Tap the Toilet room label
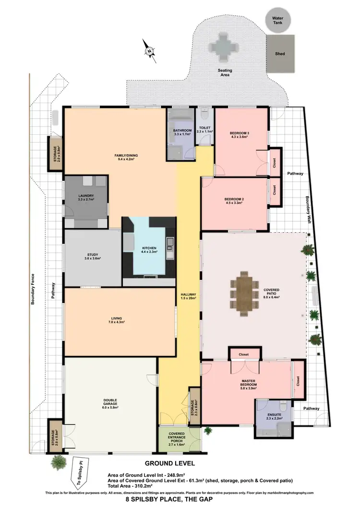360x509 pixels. point(204,130)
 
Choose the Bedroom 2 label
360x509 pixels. point(234,201)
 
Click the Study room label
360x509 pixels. point(93,256)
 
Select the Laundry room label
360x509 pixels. point(87,197)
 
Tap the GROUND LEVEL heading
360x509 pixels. point(170,463)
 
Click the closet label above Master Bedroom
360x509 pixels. point(245,354)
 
